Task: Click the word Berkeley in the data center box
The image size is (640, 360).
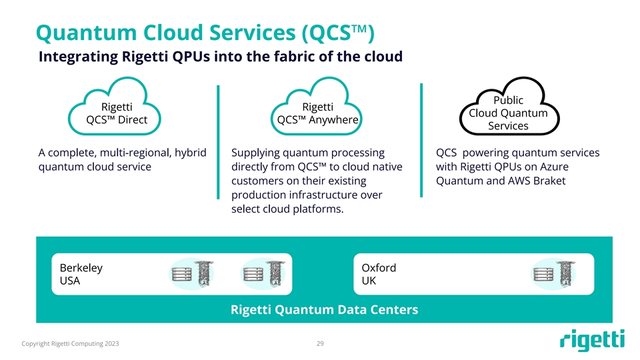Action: click(81, 268)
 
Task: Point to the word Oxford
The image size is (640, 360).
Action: click(379, 268)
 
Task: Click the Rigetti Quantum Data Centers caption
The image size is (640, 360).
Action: click(324, 309)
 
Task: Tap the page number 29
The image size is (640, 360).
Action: click(320, 344)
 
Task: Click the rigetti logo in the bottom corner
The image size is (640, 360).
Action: click(592, 341)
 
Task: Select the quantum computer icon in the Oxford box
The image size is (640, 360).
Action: click(553, 274)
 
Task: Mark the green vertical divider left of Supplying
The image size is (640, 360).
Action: click(219, 141)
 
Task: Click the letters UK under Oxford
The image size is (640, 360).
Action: click(369, 281)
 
